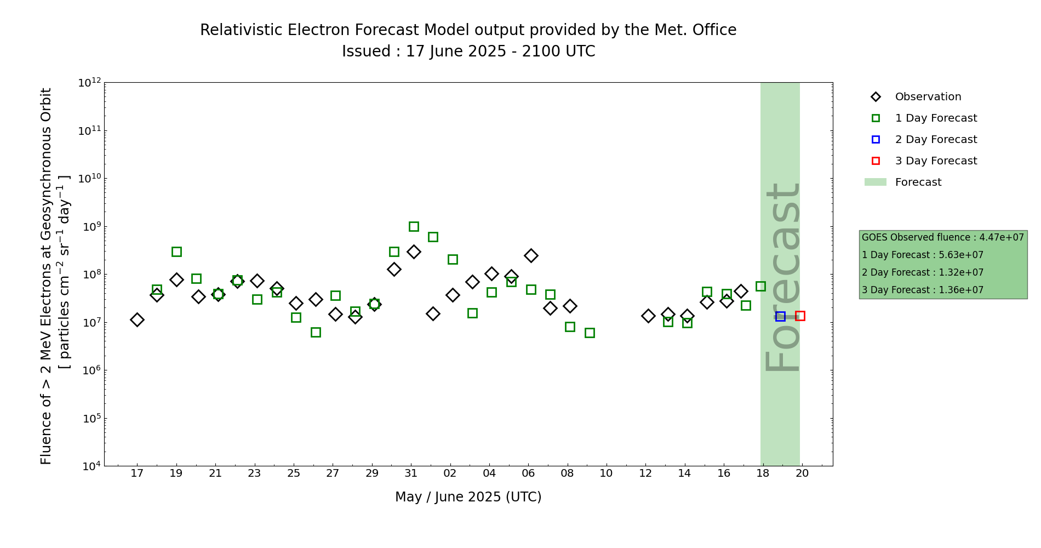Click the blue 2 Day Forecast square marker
point(780,316)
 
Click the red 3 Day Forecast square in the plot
point(800,316)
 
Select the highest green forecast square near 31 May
point(414,226)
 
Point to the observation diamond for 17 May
point(137,319)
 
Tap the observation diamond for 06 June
point(531,255)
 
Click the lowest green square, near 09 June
point(590,333)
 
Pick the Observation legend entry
point(928,97)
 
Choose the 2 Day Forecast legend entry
point(935,140)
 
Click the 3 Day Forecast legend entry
point(935,161)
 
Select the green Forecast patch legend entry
point(918,182)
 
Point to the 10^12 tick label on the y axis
point(89,83)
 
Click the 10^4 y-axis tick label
point(89,466)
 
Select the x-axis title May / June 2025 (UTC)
point(468,497)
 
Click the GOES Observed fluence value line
point(942,237)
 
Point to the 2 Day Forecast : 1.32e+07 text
point(922,272)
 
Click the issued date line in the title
point(468,52)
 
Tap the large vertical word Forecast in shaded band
point(782,277)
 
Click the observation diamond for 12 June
point(648,316)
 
